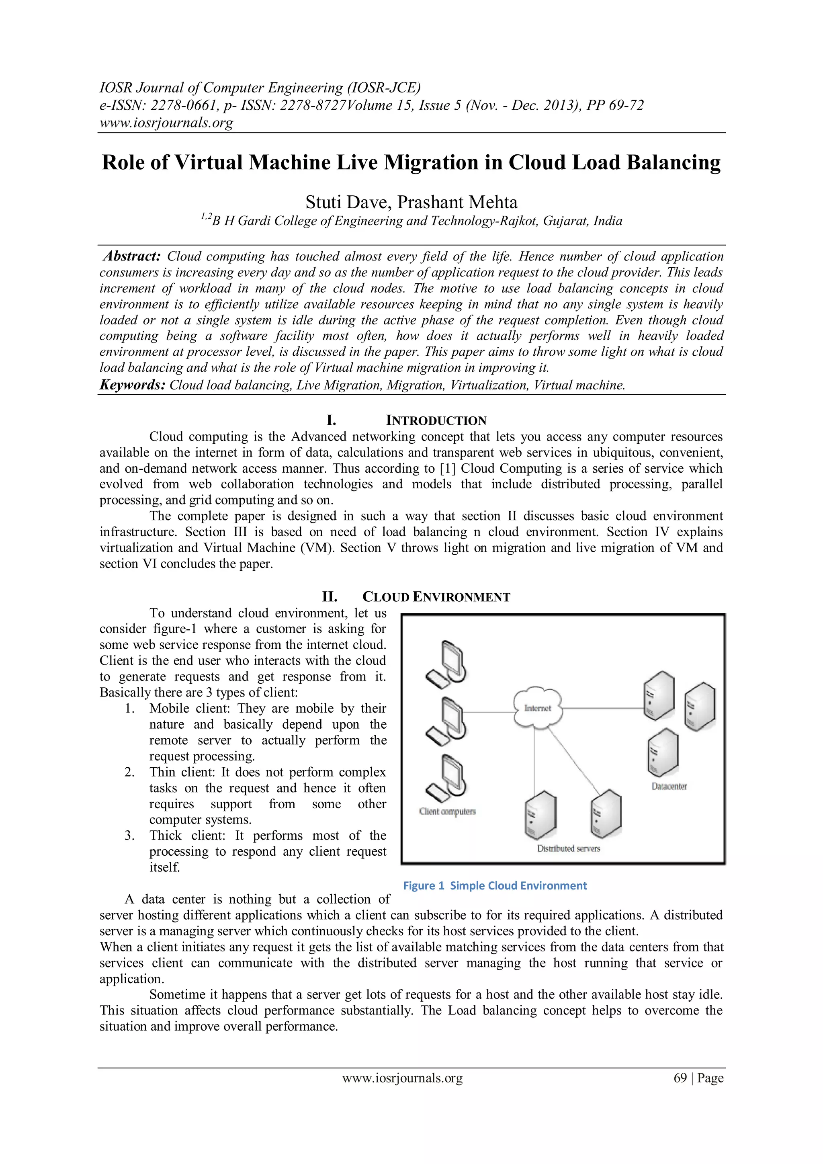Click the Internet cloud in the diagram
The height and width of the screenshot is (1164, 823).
pyautogui.click(x=538, y=708)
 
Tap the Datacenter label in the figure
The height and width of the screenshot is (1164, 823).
pyautogui.click(x=669, y=786)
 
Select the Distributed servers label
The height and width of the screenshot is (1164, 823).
pyautogui.click(x=569, y=848)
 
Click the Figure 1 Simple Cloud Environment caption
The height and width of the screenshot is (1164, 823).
pyautogui.click(x=495, y=886)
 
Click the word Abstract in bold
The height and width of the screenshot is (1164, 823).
pyautogui.click(x=132, y=256)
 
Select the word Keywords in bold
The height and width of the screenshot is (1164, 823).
pyautogui.click(x=132, y=385)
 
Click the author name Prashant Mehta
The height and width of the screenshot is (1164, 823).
pyautogui.click(x=458, y=202)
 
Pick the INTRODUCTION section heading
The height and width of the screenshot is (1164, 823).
pyautogui.click(x=436, y=420)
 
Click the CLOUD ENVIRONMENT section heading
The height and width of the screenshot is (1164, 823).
pyautogui.click(x=436, y=597)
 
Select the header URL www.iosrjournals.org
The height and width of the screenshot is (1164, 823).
pyautogui.click(x=166, y=123)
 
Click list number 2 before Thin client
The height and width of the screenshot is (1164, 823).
pyautogui.click(x=129, y=772)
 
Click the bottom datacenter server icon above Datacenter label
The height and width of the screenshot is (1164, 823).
pyautogui.click(x=662, y=753)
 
